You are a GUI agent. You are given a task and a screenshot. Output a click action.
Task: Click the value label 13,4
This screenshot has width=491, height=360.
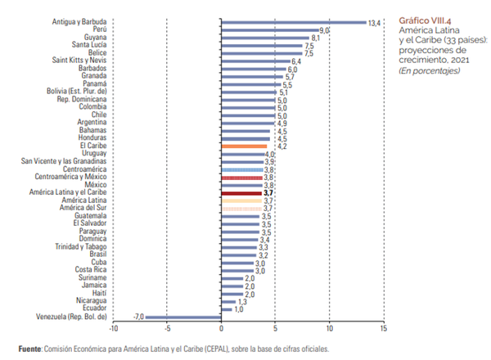[x=375, y=22]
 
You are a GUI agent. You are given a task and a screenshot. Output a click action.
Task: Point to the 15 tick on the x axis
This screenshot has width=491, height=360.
[x=382, y=329]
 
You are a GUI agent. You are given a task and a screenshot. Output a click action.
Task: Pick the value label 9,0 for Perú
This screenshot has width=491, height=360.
[x=324, y=29]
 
